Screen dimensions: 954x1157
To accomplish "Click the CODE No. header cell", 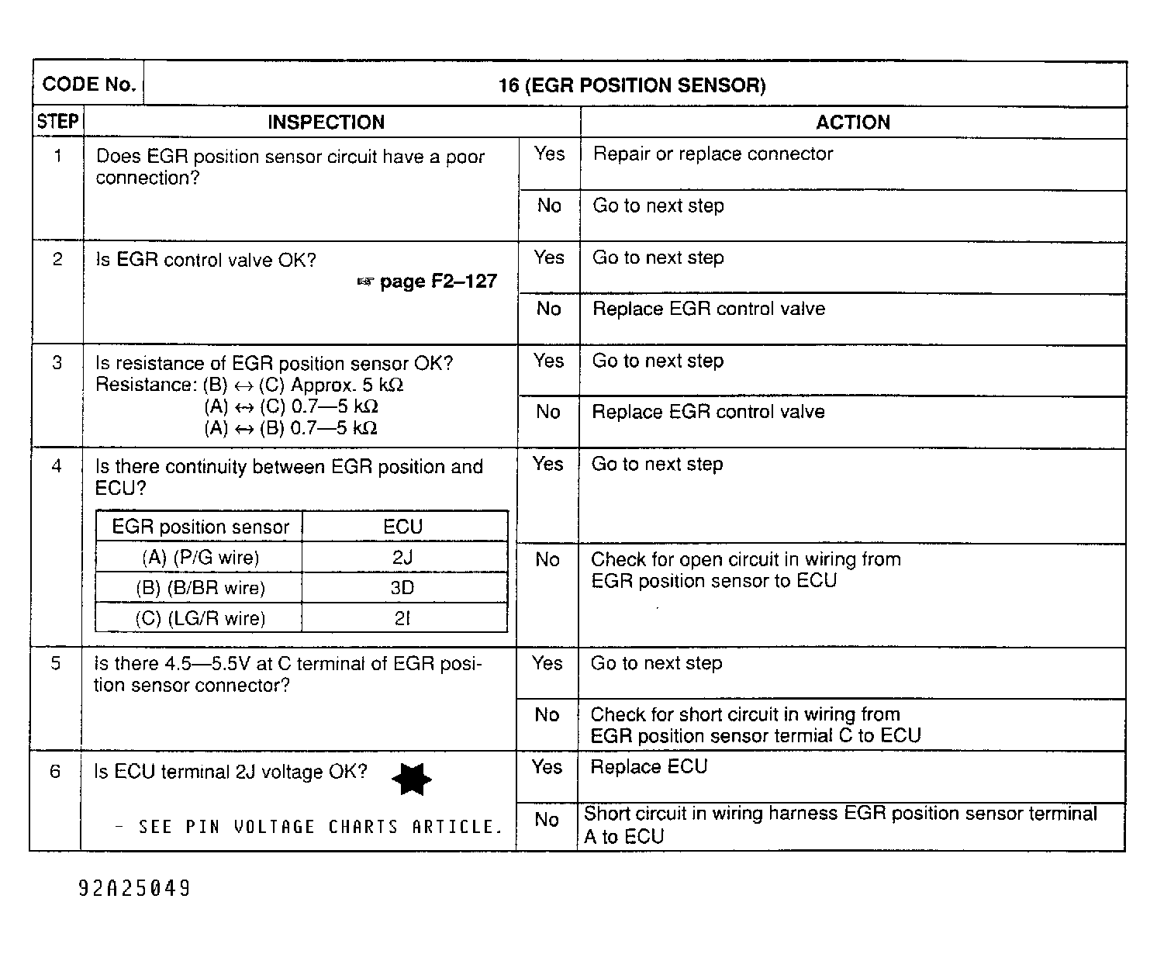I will coord(88,85).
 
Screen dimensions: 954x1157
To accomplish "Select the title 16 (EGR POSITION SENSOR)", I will coord(631,85).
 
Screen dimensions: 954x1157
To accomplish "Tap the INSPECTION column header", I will coord(326,123).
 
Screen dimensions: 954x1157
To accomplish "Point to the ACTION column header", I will coord(852,123).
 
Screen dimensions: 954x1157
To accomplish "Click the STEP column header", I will coord(57,123).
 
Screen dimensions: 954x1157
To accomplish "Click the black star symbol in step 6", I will coord(411,779).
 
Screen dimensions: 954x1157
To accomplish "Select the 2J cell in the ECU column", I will coord(402,557).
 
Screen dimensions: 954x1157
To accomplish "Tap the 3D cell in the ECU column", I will coord(402,588).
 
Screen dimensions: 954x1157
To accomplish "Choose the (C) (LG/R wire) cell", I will coord(200,618).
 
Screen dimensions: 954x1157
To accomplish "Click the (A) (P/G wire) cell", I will coord(200,557).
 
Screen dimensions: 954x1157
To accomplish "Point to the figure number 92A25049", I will coord(134,888).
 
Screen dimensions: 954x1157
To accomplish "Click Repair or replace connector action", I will coord(712,154).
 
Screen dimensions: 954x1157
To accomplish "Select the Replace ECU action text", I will coord(648,767).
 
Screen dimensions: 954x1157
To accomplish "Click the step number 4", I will coord(56,467).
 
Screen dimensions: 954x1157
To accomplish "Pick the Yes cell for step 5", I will coord(547,663).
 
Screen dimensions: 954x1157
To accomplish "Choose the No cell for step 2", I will coord(548,309).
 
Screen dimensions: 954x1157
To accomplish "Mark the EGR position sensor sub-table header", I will coord(200,527).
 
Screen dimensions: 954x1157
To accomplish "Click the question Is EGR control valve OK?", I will coord(205,260).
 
